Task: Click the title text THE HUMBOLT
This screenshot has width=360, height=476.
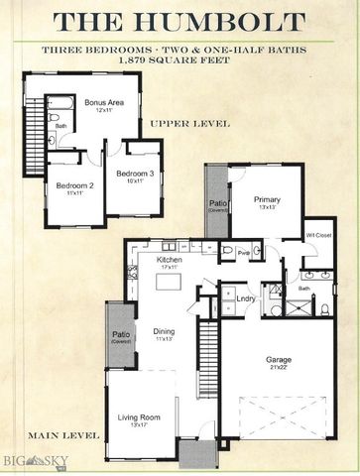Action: (180, 21)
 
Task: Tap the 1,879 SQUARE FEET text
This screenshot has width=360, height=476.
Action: (179, 61)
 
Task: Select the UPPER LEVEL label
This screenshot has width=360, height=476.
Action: (189, 124)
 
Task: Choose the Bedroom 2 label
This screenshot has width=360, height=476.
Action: (74, 186)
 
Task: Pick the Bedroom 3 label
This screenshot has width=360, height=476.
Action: (131, 177)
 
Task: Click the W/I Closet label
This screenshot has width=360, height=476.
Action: (318, 235)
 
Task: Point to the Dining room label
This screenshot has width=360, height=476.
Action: (165, 334)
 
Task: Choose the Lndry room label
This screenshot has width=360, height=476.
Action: (246, 297)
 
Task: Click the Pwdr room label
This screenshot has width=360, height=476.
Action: (243, 253)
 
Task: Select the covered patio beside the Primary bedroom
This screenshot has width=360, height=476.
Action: (216, 202)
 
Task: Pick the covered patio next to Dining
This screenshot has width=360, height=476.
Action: (121, 336)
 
